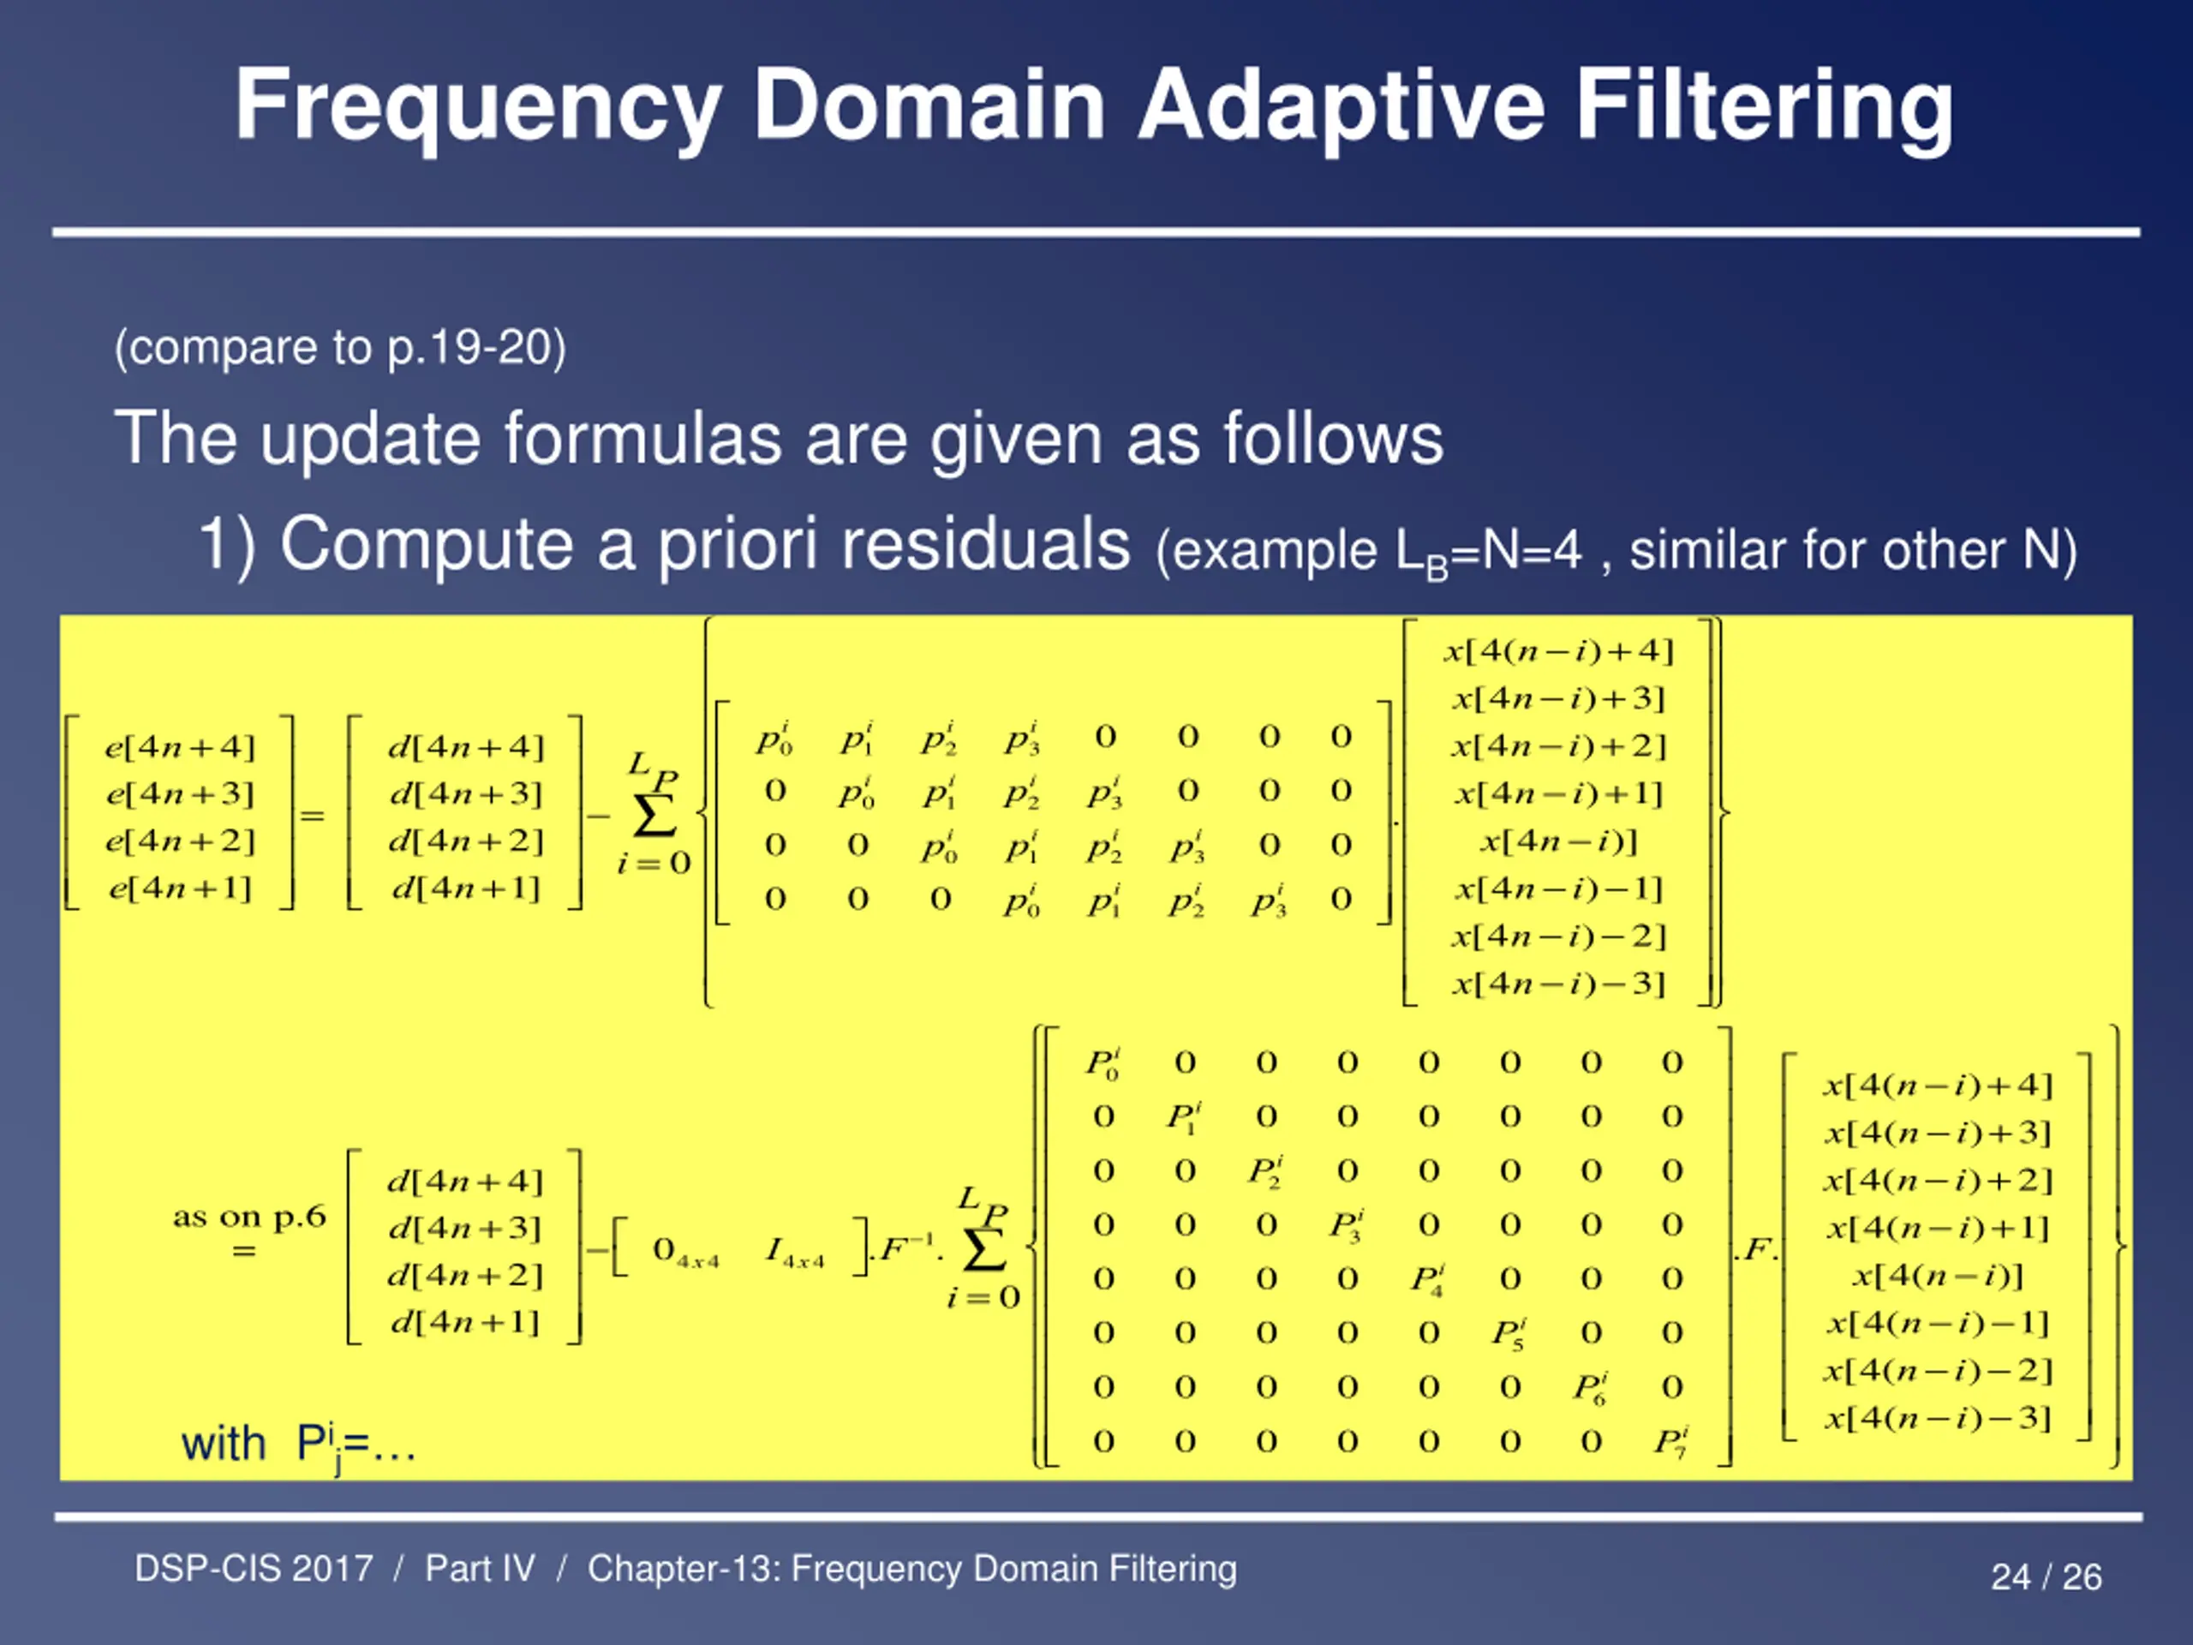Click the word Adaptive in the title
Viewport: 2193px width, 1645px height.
click(x=1341, y=105)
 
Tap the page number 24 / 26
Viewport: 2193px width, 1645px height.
click(x=2046, y=1576)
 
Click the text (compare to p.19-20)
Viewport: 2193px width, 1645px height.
click(x=340, y=347)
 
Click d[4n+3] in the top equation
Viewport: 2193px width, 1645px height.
click(x=466, y=793)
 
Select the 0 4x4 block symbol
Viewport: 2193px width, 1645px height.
click(x=684, y=1252)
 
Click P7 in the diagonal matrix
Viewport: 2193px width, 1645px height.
click(x=1670, y=1441)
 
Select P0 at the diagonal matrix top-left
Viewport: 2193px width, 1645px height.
click(x=1102, y=1063)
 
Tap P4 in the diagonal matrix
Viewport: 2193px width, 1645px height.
click(x=1428, y=1279)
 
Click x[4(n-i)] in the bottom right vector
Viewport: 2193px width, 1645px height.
click(x=1939, y=1275)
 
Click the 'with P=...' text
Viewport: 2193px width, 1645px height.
click(x=297, y=1445)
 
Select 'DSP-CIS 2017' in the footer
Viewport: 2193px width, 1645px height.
click(x=254, y=1569)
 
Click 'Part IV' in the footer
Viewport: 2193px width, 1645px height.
click(x=480, y=1569)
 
